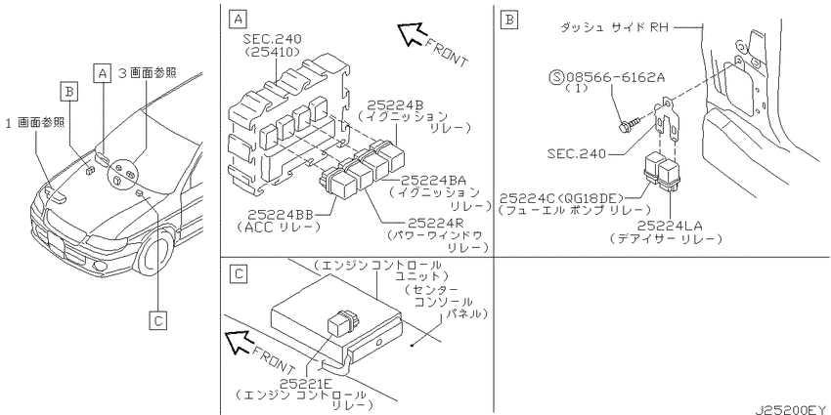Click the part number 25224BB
(281, 215)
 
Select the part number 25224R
(438, 223)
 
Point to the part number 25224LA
(670, 226)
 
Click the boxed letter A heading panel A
(237, 21)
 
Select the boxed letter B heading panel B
(509, 21)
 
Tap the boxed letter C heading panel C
(239, 274)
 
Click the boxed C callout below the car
(158, 320)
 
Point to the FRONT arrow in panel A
(411, 34)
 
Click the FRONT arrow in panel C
(239, 342)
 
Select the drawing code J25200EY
(792, 410)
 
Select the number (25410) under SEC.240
(274, 52)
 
